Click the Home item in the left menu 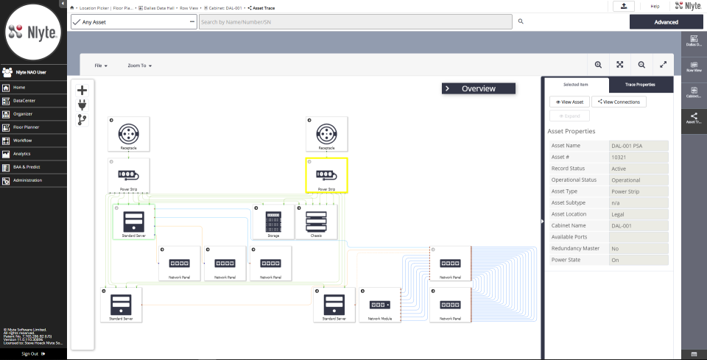pyautogui.click(x=19, y=88)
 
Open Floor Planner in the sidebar pyautogui.click(x=26, y=127)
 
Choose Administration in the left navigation pyautogui.click(x=27, y=180)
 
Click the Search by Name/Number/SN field pyautogui.click(x=356, y=22)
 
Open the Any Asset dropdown pyautogui.click(x=133, y=22)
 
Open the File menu pyautogui.click(x=101, y=66)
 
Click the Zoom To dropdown pyautogui.click(x=139, y=66)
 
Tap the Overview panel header pyautogui.click(x=478, y=88)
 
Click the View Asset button pyautogui.click(x=569, y=102)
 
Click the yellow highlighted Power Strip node pyautogui.click(x=327, y=175)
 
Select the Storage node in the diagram pyautogui.click(x=273, y=222)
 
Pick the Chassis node pyautogui.click(x=316, y=222)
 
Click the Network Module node pyautogui.click(x=380, y=305)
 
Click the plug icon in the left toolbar pyautogui.click(x=82, y=105)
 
